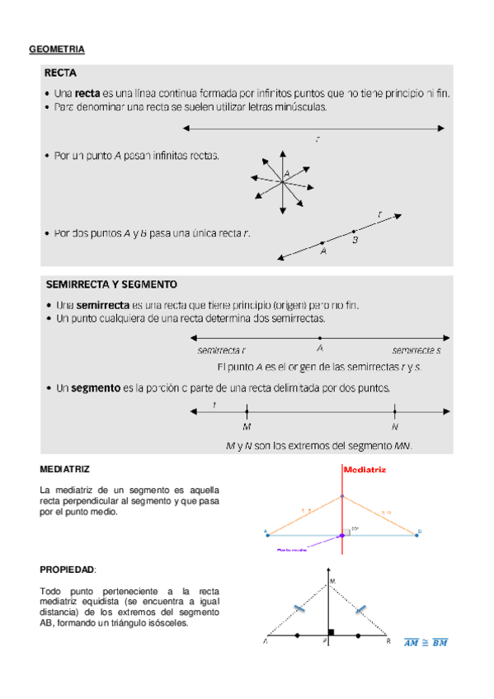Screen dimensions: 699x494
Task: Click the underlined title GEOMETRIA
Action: [x=57, y=50]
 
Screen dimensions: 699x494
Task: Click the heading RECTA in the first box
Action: [x=61, y=73]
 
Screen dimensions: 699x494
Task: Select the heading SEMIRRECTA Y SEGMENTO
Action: [x=111, y=284]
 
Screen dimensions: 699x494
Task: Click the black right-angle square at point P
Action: [x=331, y=633]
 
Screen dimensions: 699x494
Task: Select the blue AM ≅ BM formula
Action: [x=426, y=643]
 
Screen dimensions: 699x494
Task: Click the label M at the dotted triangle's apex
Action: [x=333, y=582]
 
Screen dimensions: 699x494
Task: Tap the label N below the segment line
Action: [x=395, y=427]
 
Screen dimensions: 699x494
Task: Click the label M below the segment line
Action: [x=247, y=427]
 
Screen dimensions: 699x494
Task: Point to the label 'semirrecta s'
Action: [x=416, y=350]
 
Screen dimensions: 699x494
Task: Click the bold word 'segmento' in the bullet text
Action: [x=95, y=387]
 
